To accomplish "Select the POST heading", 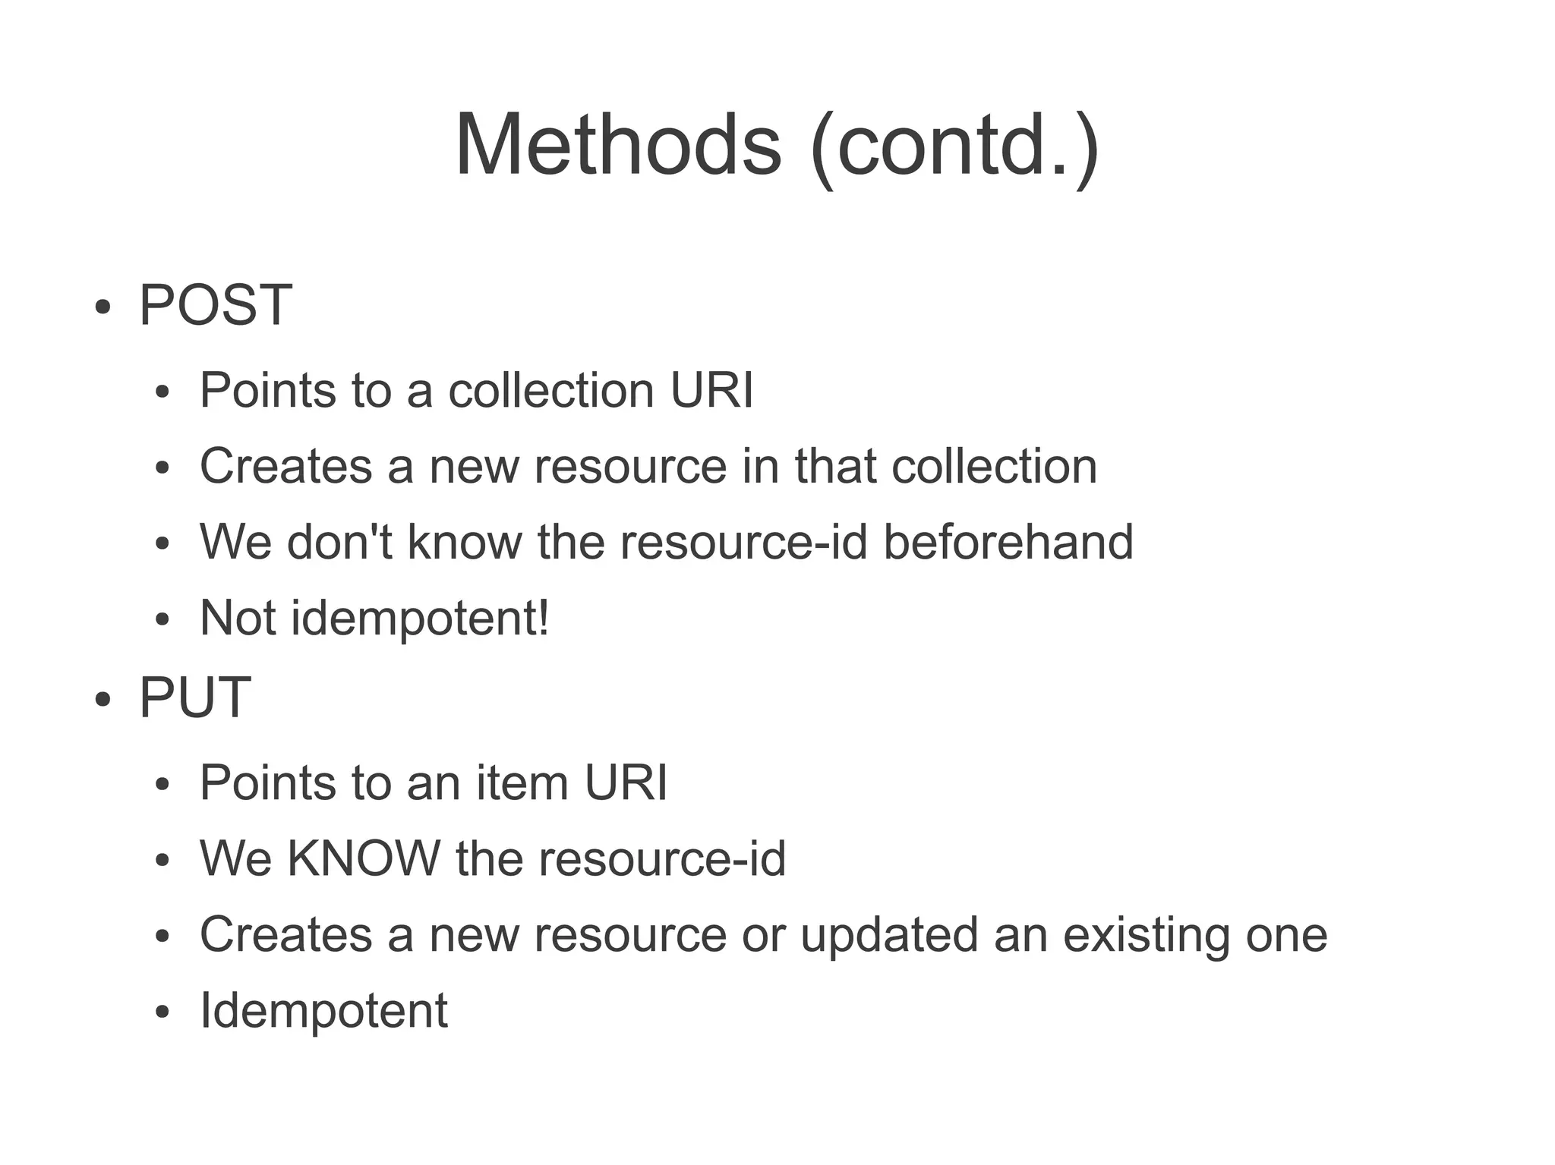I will point(215,305).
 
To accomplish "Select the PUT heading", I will point(194,697).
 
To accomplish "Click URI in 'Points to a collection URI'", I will point(711,390).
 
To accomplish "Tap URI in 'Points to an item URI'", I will point(626,782).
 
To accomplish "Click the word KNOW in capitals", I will point(364,858).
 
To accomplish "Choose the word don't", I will point(339,542).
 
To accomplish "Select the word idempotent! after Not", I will point(420,619).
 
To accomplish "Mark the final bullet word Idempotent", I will point(323,1011).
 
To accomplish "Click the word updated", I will point(889,935).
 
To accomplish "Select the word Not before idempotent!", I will point(237,618).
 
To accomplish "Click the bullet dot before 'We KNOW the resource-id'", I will point(161,861).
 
